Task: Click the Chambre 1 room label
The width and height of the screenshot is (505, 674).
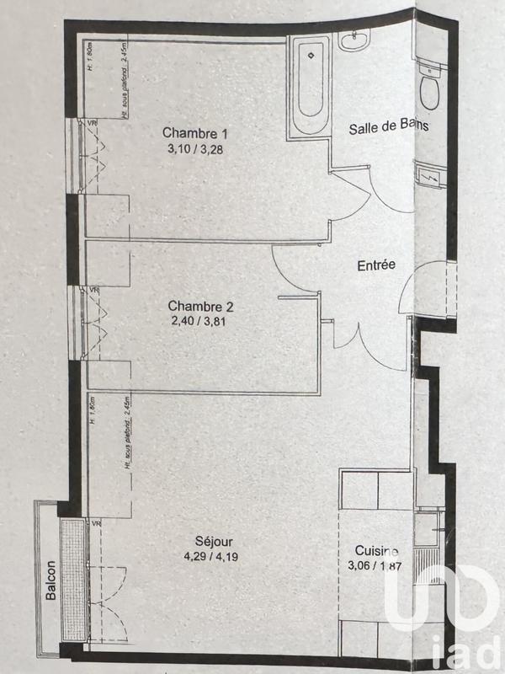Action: [195, 133]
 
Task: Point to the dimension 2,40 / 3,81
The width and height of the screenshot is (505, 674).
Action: [199, 321]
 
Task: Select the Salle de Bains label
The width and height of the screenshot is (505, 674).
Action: [389, 127]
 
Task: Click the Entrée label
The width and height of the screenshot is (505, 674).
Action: [376, 265]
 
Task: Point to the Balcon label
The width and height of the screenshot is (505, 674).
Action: [51, 580]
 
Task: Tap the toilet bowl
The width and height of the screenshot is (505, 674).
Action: [432, 89]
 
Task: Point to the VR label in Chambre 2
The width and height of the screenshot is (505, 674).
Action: [94, 291]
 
